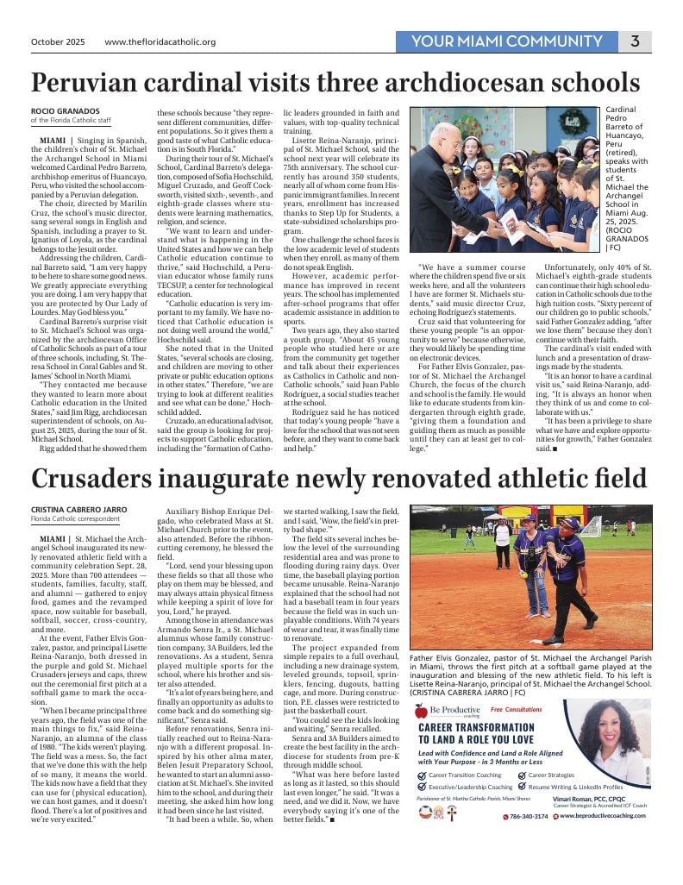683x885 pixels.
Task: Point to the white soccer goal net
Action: coord(590,525)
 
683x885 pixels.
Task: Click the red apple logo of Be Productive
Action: coord(420,711)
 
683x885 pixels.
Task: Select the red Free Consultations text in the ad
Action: coord(516,709)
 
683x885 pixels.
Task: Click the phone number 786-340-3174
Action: coord(526,816)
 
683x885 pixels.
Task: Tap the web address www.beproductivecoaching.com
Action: coord(603,816)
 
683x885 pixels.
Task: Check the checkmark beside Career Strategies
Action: coord(523,775)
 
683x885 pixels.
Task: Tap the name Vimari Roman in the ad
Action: coord(574,799)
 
